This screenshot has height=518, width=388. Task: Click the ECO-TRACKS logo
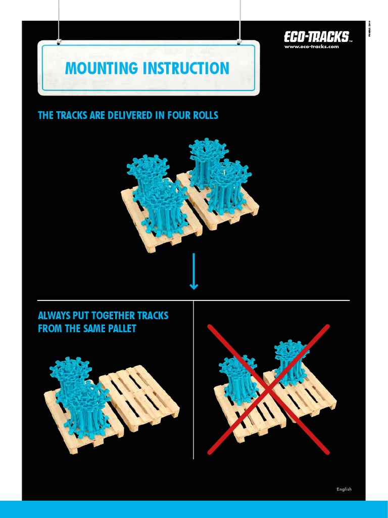316,37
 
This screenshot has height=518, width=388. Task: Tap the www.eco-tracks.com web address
312,47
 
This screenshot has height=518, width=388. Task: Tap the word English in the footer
344,489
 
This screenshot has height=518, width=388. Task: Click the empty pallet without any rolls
139,397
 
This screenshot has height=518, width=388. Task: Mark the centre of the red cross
269,389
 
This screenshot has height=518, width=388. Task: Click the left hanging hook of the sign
59,40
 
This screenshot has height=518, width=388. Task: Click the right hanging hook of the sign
240,40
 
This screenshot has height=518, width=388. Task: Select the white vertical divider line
193,379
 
